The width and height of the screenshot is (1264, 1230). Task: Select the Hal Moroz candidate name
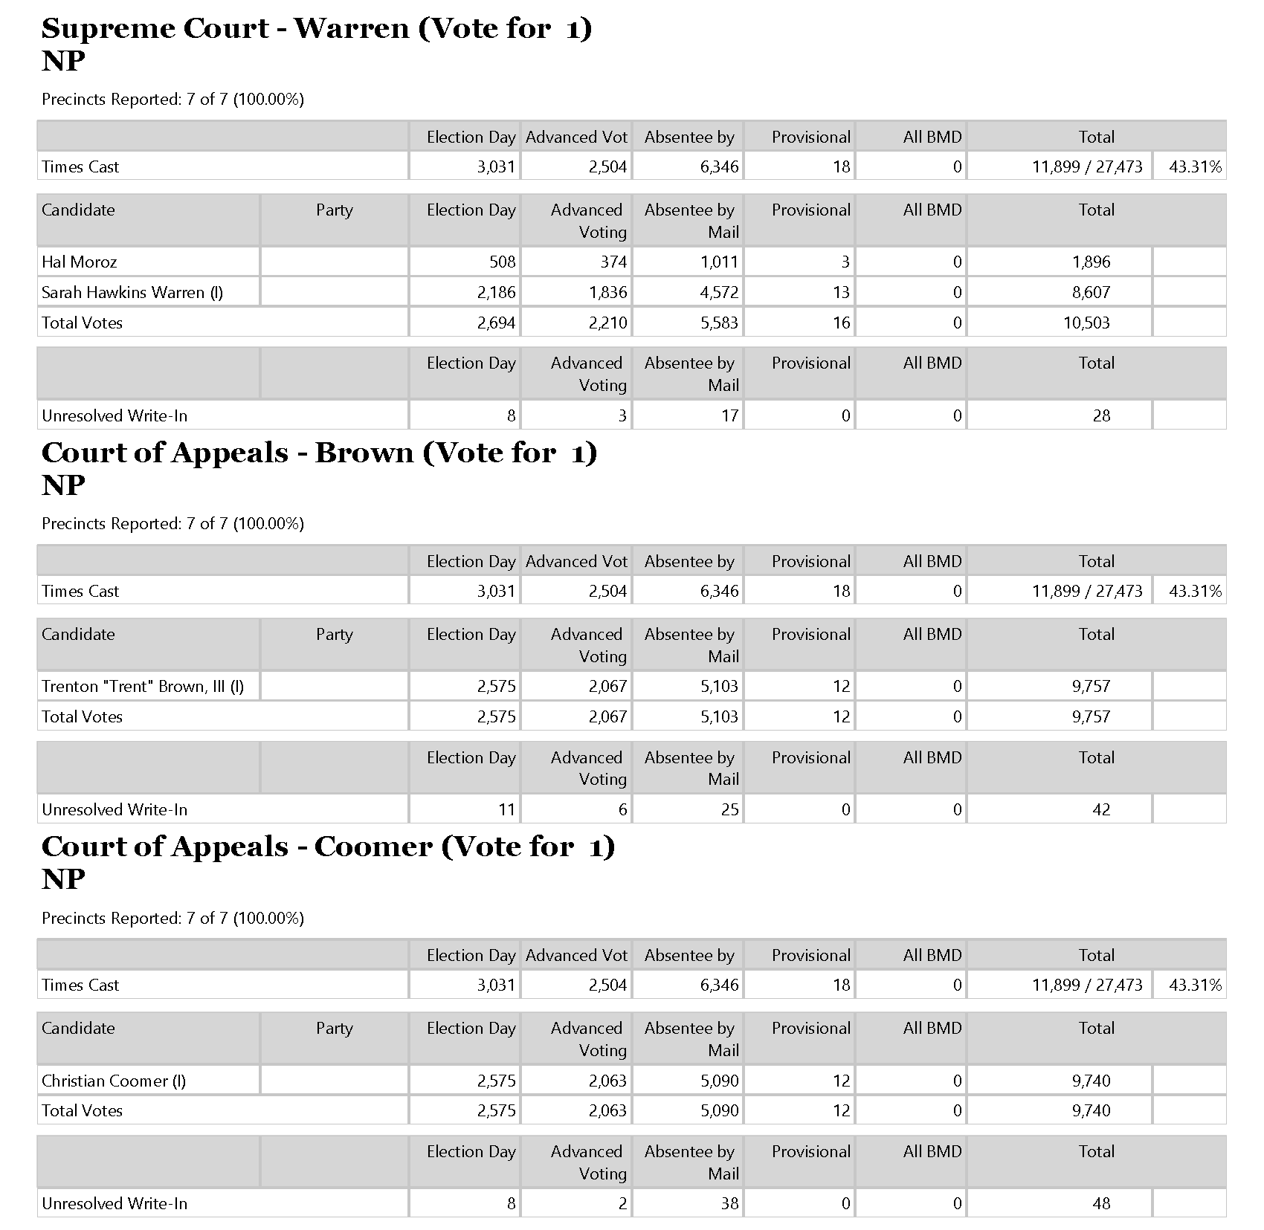pyautogui.click(x=80, y=262)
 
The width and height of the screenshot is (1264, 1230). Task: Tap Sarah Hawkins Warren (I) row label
pyautogui.click(x=132, y=292)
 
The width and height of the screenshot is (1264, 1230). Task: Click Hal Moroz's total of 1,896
pyautogui.click(x=1091, y=262)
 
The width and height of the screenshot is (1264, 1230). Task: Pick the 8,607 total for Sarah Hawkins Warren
pyautogui.click(x=1091, y=292)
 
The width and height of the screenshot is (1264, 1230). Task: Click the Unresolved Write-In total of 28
pyautogui.click(x=1101, y=415)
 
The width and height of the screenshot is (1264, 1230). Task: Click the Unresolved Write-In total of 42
pyautogui.click(x=1101, y=809)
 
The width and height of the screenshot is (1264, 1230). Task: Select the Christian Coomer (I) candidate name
pyautogui.click(x=114, y=1081)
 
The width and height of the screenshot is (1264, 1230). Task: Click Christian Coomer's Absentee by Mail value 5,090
pyautogui.click(x=719, y=1081)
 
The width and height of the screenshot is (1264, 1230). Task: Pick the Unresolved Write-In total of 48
pyautogui.click(x=1101, y=1203)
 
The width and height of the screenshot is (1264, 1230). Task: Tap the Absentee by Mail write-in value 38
pyautogui.click(x=729, y=1203)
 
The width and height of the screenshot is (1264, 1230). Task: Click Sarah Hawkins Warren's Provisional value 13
pyautogui.click(x=841, y=292)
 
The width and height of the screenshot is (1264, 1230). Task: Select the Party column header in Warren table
pyautogui.click(x=334, y=210)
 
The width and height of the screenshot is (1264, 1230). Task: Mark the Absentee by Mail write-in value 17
pyautogui.click(x=729, y=415)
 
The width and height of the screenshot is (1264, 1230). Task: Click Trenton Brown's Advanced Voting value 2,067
pyautogui.click(x=607, y=686)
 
